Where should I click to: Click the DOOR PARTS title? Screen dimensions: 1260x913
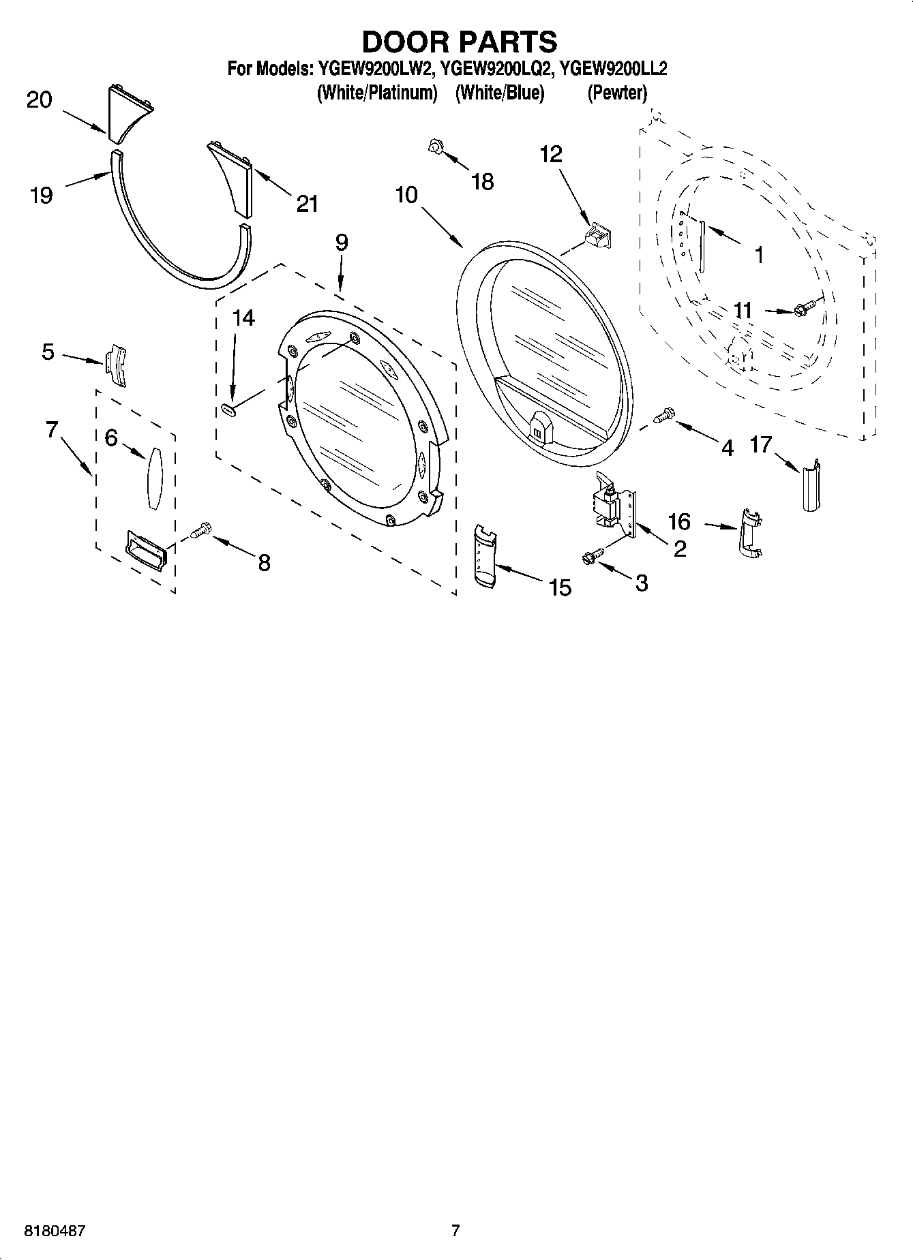458,42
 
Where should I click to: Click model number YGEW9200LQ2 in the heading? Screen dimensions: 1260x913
494,68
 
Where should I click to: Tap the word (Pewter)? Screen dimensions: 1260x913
616,93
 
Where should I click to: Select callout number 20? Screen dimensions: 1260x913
39,100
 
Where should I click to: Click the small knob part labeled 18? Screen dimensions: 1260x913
435,146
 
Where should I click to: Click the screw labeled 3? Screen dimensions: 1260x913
590,556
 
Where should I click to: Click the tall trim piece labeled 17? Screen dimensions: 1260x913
810,485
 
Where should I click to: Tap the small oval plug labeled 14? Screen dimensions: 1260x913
228,409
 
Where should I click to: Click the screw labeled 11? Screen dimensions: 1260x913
805,309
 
